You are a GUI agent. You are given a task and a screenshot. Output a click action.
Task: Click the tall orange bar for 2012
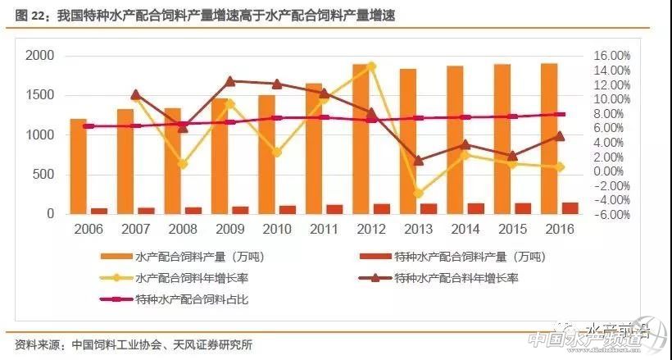click(360, 139)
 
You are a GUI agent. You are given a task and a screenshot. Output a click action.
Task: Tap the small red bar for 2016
click(570, 207)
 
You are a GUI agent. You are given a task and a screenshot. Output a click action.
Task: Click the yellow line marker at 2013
click(418, 194)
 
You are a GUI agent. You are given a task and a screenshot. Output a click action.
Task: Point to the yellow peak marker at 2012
click(371, 66)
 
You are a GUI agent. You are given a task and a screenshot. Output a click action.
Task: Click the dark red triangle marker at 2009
click(229, 81)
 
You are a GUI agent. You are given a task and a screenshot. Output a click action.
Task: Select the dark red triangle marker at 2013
click(418, 161)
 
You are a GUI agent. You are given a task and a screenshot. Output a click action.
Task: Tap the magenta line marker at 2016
click(560, 115)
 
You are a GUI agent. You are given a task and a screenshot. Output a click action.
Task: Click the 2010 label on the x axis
click(277, 229)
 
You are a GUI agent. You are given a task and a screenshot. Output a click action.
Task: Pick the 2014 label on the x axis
click(465, 229)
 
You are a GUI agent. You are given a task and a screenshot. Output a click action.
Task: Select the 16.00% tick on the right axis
click(610, 55)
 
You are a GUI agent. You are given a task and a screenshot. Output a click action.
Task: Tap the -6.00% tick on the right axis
click(610, 215)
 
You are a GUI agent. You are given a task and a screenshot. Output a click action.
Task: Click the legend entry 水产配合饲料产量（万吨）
click(197, 257)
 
